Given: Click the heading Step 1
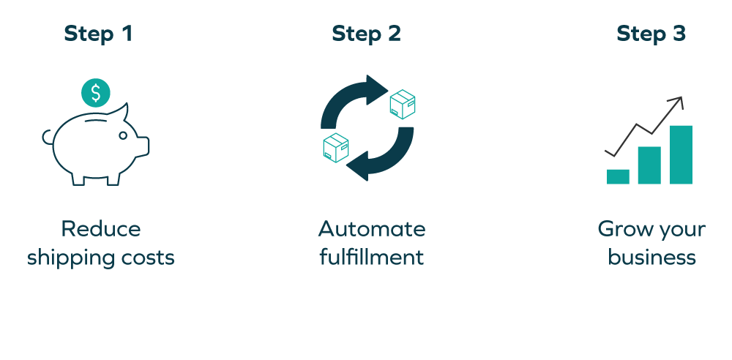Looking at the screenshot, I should coord(98,34).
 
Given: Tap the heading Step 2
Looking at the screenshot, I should coord(366,34).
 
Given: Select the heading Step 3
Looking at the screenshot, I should coord(651,34).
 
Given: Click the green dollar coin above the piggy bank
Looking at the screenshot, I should coord(96,93).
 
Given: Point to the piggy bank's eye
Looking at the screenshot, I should coord(123,135).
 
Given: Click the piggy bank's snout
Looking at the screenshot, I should coord(143,146).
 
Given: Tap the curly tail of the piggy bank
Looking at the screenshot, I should coord(47,137).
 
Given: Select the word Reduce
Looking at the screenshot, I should coord(101,229).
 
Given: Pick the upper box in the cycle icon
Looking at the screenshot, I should coord(403,104).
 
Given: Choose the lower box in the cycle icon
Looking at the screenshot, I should coord(336,147).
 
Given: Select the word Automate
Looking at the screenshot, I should coord(371,229).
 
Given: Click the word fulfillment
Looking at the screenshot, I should coord(371,258).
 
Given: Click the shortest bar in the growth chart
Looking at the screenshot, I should coord(618,176).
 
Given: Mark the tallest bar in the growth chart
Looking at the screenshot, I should coord(681,154).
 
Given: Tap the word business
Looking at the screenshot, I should coord(651,258).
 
